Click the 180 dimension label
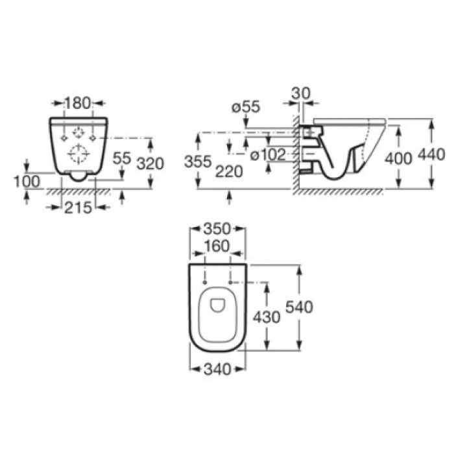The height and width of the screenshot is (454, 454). tap(77, 103)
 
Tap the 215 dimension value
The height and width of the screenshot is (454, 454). tap(78, 208)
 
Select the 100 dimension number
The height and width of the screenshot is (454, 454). tap(27, 182)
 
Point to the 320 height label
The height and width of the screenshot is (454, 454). tap(150, 163)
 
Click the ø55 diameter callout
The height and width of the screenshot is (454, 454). tap(246, 107)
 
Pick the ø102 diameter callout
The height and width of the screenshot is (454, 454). tap(268, 155)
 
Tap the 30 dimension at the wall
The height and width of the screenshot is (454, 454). tap(300, 93)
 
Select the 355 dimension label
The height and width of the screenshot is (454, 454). tap(198, 161)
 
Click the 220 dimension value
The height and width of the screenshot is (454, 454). tap(229, 173)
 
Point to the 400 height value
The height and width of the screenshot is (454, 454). tap(398, 159)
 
